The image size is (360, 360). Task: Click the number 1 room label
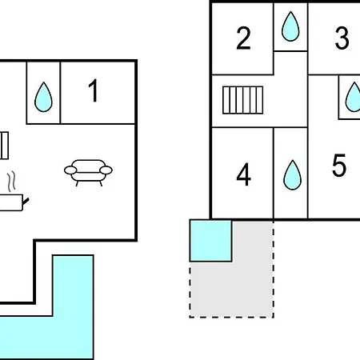click(94, 90)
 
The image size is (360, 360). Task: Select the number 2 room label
click(243, 38)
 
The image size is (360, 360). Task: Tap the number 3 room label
click(342, 38)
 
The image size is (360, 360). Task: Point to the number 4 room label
click(244, 174)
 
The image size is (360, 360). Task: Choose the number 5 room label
click(339, 165)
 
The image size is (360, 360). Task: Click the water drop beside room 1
click(43, 97)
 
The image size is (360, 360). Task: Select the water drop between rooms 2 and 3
click(290, 26)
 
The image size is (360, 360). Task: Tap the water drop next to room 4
click(292, 175)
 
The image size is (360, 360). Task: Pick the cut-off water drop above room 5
click(353, 97)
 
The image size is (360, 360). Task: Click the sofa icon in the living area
click(88, 173)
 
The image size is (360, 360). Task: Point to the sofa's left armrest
click(70, 170)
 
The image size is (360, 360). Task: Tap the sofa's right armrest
click(106, 170)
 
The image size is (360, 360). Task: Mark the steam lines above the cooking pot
click(11, 182)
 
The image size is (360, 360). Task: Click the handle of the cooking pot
click(26, 202)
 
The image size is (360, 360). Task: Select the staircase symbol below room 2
click(242, 100)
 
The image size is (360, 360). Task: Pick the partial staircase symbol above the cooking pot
click(4, 146)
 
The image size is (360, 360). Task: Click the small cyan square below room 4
click(210, 241)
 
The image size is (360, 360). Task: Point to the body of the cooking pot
click(11, 202)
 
